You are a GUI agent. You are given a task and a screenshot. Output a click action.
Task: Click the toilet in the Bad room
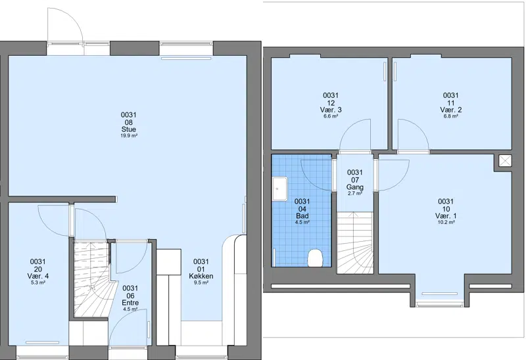pyautogui.click(x=315, y=258)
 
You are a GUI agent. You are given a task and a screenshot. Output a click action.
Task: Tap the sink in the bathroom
pyautogui.click(x=280, y=189)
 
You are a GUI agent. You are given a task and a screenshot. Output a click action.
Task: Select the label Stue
pyautogui.click(x=129, y=129)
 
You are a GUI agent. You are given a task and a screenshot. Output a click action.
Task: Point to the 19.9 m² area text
pyautogui.click(x=129, y=136)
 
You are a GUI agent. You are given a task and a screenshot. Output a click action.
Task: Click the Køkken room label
pyautogui.click(x=201, y=276)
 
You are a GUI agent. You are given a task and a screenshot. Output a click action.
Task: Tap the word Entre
pyautogui.click(x=130, y=303)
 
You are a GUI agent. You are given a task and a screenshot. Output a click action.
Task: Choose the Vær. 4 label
pyautogui.click(x=38, y=276)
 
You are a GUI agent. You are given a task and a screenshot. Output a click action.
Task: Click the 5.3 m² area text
pyautogui.click(x=38, y=282)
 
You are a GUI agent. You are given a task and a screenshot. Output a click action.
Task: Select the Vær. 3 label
pyautogui.click(x=331, y=110)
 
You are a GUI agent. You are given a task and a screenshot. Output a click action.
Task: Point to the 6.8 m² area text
pyautogui.click(x=450, y=116)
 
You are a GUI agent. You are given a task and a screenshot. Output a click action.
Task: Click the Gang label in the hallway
pyautogui.click(x=355, y=187)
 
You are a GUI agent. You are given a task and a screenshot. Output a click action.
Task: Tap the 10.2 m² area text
pyautogui.click(x=446, y=222)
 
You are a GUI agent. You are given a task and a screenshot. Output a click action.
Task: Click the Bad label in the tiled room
pyautogui.click(x=302, y=216)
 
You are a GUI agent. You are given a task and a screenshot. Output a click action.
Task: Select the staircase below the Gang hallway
pyautogui.click(x=355, y=242)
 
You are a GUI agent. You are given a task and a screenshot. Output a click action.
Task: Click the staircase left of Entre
pyautogui.click(x=91, y=279)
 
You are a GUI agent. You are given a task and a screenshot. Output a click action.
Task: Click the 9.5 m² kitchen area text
pyautogui.click(x=201, y=282)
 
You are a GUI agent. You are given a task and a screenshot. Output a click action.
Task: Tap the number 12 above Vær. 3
pyautogui.click(x=331, y=103)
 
